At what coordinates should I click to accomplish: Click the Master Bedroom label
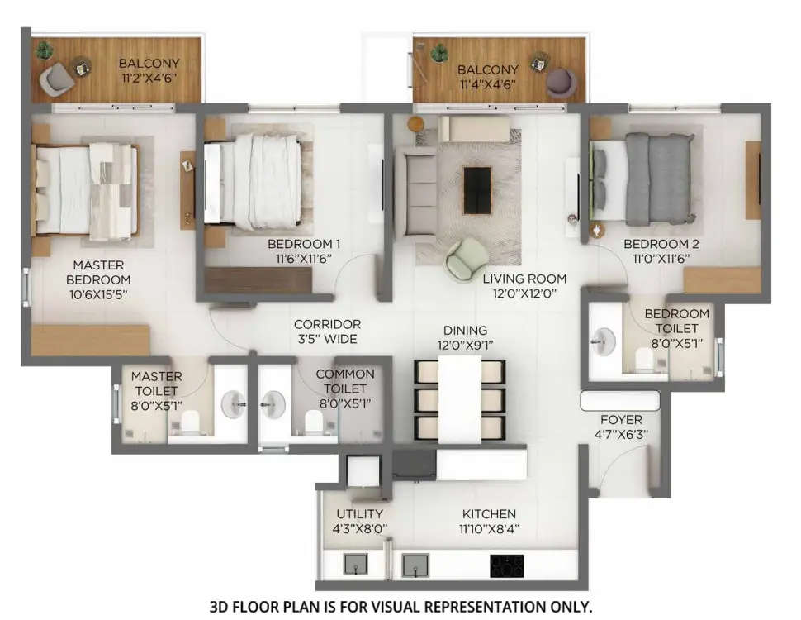point(98,272)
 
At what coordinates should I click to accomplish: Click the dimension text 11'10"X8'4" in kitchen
point(490,529)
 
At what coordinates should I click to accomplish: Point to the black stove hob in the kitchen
point(507,566)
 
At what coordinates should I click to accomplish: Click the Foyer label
point(621,420)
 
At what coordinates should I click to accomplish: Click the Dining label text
point(466,330)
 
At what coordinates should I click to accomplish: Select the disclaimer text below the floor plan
point(400,606)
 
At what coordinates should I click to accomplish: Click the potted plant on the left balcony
point(45,50)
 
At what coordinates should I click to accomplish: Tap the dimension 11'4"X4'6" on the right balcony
point(488,84)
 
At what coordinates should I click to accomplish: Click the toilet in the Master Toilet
point(191,423)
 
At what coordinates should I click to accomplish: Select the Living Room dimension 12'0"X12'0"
point(524,293)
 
